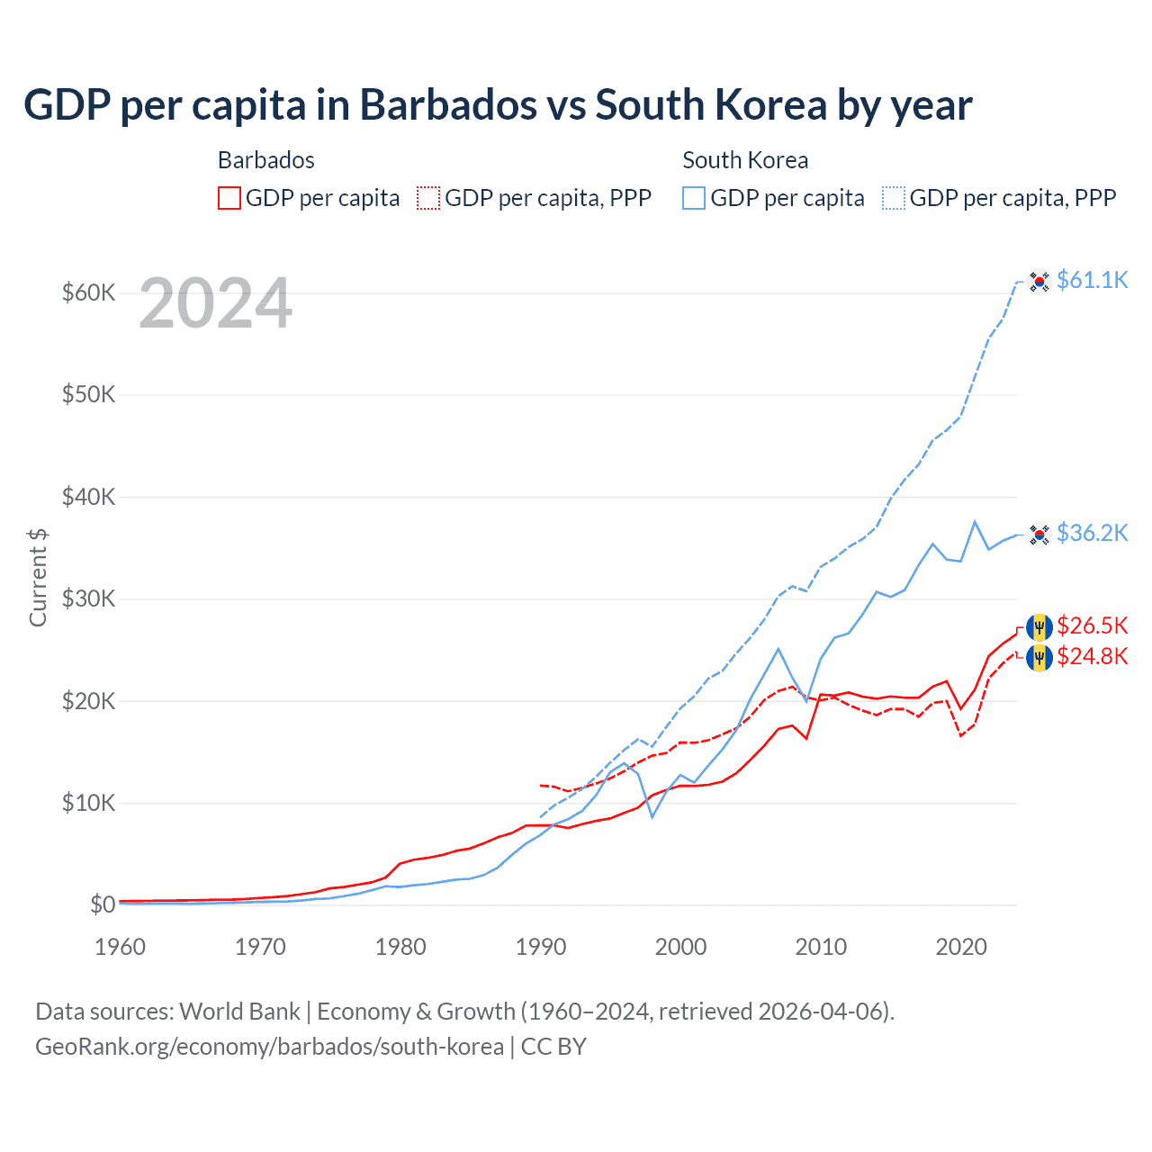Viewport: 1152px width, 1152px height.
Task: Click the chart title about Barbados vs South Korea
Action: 498,105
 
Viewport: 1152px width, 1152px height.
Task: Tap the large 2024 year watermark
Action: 216,304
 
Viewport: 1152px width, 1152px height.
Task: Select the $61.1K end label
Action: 1092,280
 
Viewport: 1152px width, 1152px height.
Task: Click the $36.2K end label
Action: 1092,533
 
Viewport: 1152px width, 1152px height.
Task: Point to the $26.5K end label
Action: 1092,625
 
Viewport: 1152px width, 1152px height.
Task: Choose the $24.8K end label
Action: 1092,656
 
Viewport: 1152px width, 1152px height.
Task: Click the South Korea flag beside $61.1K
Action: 1039,282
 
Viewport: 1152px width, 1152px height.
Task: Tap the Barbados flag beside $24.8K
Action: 1039,658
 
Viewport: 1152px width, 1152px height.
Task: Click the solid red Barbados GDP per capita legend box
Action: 229,198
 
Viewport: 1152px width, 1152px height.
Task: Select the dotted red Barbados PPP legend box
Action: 429,198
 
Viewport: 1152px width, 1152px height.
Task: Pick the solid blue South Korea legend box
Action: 694,198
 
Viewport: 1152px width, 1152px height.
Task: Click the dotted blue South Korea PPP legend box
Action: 894,198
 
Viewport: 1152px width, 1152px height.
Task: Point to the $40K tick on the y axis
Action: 88,497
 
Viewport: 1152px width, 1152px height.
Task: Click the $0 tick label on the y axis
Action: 103,904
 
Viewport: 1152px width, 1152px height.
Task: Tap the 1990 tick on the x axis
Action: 541,947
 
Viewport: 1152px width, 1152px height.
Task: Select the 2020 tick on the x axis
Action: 961,947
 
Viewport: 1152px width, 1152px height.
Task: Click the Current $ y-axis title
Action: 38,578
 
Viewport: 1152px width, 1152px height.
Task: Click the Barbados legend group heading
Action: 266,160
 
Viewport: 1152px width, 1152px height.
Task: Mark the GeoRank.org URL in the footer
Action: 269,1047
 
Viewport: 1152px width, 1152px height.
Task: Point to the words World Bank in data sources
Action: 239,1012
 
